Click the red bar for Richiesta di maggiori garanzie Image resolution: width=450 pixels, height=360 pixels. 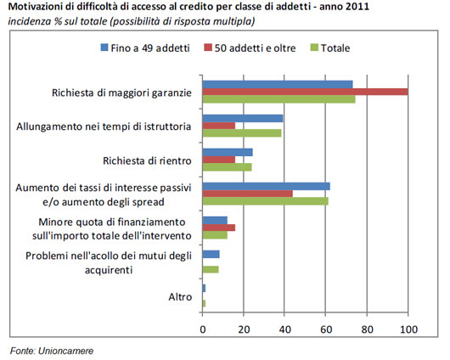point(305,92)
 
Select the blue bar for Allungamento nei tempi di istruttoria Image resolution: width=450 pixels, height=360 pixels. point(243,118)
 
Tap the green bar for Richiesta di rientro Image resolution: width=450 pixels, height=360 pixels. point(228,167)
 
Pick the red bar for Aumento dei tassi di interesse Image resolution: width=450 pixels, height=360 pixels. point(248,194)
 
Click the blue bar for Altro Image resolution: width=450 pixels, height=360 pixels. point(204,288)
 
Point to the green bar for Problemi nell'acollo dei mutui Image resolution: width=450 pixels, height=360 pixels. point(211,269)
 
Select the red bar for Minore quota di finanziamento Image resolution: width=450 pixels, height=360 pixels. point(219,228)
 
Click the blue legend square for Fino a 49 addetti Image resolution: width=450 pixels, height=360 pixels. point(104,48)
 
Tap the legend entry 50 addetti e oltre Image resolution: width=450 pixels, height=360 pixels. point(250,48)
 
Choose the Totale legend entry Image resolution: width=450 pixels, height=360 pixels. point(330,48)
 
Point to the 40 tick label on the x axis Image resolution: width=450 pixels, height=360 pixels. point(284,329)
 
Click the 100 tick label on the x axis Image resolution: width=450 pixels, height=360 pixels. point(408,329)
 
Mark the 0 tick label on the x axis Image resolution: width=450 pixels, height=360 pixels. point(203,329)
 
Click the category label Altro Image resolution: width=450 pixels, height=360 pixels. point(180,297)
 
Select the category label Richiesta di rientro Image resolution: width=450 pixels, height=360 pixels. point(147,160)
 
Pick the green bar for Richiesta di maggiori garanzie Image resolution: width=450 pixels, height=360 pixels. point(279,99)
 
